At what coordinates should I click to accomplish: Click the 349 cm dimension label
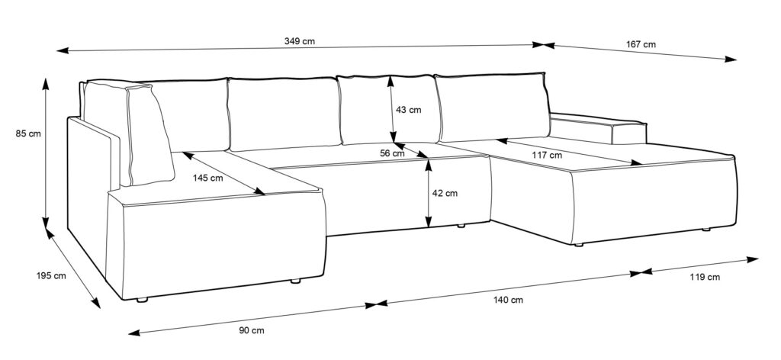pyautogui.click(x=300, y=41)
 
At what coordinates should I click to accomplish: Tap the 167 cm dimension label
pyautogui.click(x=641, y=44)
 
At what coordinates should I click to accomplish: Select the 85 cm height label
pyautogui.click(x=28, y=133)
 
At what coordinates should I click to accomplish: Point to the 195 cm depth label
pyautogui.click(x=51, y=275)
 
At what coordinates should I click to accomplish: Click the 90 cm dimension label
pyautogui.click(x=252, y=330)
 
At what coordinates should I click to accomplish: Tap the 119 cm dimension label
pyautogui.click(x=705, y=278)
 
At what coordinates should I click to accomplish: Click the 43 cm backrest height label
pyautogui.click(x=409, y=110)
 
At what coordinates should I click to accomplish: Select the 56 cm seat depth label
pyautogui.click(x=392, y=153)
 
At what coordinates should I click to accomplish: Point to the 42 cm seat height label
pyautogui.click(x=445, y=193)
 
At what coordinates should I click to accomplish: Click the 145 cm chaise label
pyautogui.click(x=208, y=178)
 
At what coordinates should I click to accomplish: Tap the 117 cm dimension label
pyautogui.click(x=546, y=155)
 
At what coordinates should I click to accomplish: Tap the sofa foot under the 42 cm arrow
pyautogui.click(x=461, y=226)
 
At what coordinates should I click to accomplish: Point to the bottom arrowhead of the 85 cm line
pyautogui.click(x=46, y=223)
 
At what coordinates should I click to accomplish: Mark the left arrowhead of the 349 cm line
pyautogui.click(x=63, y=50)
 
